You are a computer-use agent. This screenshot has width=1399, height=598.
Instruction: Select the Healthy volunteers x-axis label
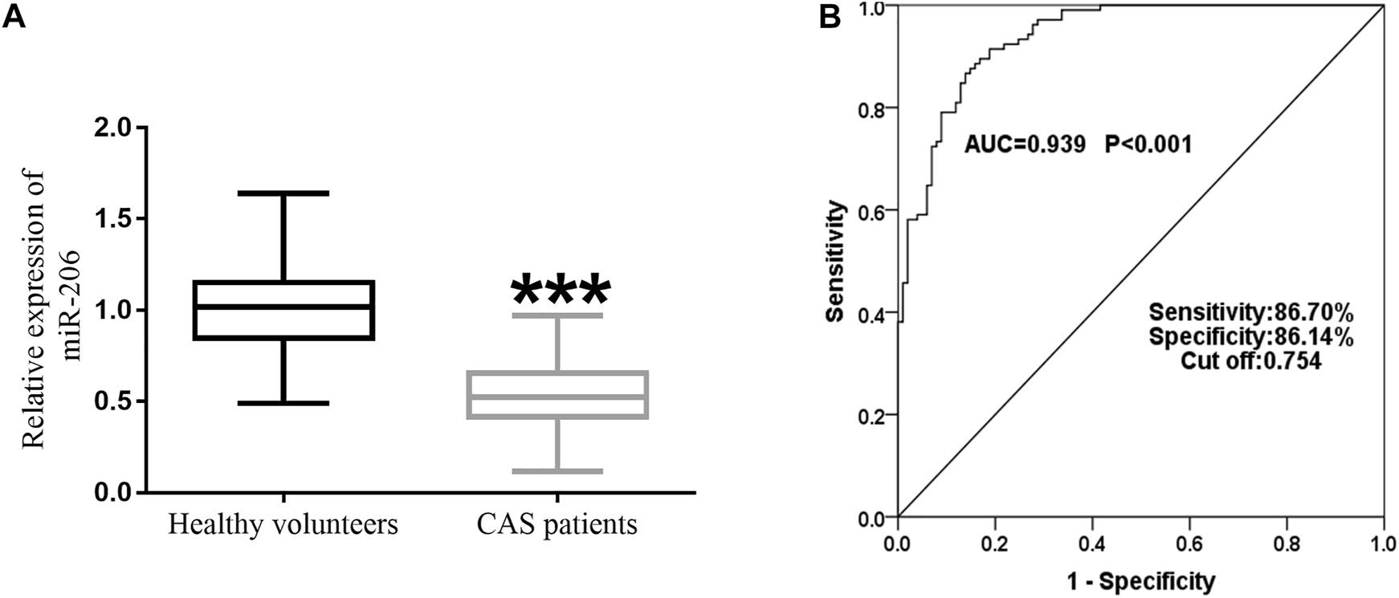(283, 524)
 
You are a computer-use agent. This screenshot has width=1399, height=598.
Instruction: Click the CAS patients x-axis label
(557, 524)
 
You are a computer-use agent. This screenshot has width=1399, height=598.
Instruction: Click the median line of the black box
(284, 307)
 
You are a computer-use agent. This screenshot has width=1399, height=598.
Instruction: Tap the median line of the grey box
(557, 397)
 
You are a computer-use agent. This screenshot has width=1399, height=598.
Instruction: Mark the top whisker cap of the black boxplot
(284, 193)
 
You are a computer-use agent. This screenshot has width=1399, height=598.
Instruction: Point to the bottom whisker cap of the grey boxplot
(557, 471)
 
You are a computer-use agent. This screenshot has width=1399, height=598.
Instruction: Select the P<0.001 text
(1149, 144)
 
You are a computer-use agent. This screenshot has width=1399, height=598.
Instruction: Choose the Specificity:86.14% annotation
(1251, 337)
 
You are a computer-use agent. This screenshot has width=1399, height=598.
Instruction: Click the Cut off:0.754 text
(1250, 362)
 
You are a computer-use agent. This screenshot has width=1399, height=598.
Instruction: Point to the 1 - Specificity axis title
(1140, 580)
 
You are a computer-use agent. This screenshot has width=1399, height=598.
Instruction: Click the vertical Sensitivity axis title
(836, 262)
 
